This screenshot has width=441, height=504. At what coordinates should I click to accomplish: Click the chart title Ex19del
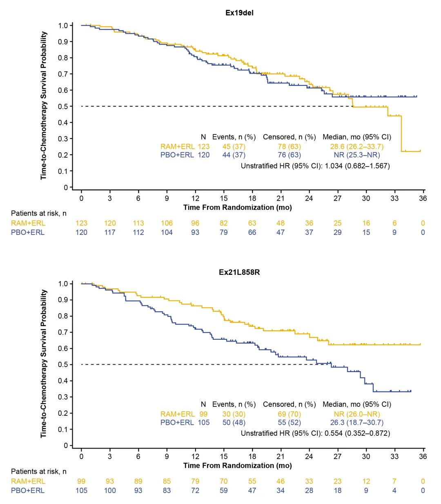tap(239, 13)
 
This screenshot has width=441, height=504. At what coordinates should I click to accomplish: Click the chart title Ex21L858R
tap(239, 272)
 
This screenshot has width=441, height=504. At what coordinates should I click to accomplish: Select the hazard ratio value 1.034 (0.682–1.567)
tap(357, 166)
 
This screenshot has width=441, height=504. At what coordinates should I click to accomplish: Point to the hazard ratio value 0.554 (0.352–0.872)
tap(357, 433)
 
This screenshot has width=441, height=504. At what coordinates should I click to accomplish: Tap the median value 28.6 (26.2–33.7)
tap(357, 147)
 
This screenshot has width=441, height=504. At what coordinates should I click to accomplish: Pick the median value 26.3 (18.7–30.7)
tap(357, 423)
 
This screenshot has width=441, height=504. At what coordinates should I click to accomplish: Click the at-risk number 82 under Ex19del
tap(224, 223)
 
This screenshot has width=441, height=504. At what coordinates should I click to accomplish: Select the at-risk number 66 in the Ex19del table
tap(252, 232)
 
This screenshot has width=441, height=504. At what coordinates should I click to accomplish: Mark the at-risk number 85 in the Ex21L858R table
tap(167, 481)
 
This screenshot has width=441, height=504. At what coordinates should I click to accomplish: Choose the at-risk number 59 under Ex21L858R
tap(224, 491)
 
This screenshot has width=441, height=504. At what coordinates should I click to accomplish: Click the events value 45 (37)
tap(234, 147)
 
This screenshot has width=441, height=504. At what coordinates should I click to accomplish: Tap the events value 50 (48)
tap(234, 423)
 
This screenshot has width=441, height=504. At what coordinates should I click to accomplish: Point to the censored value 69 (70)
tap(289, 414)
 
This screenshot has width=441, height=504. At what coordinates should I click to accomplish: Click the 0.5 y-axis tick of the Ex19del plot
tap(63, 107)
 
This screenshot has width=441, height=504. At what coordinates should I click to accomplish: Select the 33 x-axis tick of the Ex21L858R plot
tap(394, 456)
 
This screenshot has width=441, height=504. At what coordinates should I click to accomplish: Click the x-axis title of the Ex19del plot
tap(238, 207)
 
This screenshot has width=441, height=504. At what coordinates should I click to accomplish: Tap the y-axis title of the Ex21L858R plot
tap(44, 364)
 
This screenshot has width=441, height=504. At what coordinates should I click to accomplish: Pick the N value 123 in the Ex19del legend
tap(203, 147)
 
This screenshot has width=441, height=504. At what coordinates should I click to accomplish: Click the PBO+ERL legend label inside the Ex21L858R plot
tap(177, 423)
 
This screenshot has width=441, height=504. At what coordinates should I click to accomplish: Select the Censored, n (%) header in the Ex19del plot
tap(290, 137)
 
